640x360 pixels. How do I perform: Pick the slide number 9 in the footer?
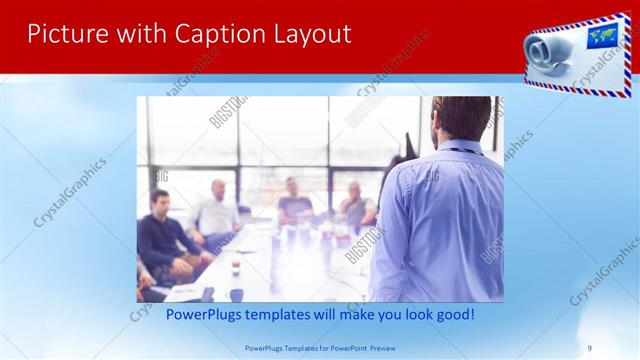point(589,347)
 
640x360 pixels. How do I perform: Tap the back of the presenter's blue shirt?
point(440,220)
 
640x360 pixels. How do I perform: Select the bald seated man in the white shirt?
point(216,210)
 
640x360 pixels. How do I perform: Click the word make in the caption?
point(354,315)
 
